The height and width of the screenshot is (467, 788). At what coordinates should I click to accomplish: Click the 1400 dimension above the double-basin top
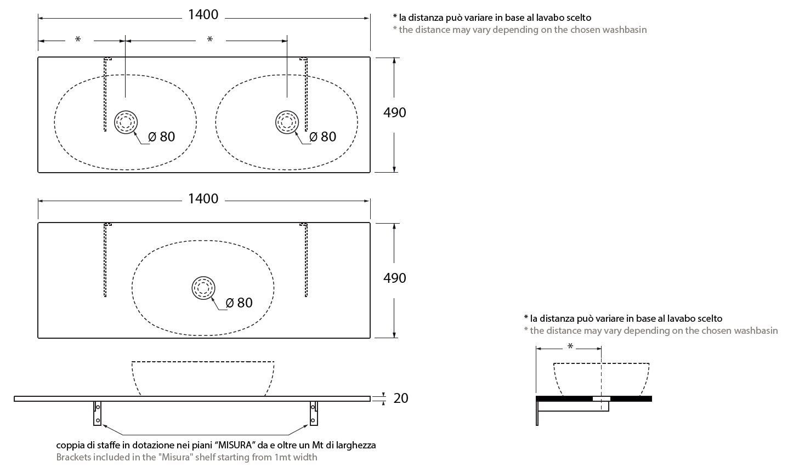pyautogui.click(x=203, y=15)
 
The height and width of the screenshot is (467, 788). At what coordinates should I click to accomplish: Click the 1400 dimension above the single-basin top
pyautogui.click(x=203, y=198)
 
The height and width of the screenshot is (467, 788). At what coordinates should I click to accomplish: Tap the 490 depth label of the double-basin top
pyautogui.click(x=394, y=112)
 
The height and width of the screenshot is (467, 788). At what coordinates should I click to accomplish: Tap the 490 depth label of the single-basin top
pyautogui.click(x=394, y=278)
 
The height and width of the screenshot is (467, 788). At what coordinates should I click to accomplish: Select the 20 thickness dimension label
pyautogui.click(x=401, y=398)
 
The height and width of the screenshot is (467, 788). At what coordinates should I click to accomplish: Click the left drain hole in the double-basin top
pyautogui.click(x=126, y=122)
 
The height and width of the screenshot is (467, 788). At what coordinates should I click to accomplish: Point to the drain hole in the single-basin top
pyautogui.click(x=203, y=288)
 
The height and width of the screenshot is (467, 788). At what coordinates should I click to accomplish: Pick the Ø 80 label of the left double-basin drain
pyautogui.click(x=162, y=136)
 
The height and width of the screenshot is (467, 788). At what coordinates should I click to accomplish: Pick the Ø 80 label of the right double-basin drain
pyautogui.click(x=323, y=136)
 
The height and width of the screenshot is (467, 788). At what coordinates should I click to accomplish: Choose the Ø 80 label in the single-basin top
pyautogui.click(x=240, y=303)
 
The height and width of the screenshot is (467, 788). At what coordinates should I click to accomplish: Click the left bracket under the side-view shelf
pyautogui.click(x=98, y=413)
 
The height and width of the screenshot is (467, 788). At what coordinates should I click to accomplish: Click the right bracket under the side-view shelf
pyautogui.click(x=314, y=413)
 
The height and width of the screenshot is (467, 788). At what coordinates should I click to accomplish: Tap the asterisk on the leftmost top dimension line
pyautogui.click(x=78, y=40)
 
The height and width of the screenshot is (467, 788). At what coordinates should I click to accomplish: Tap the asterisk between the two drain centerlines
pyautogui.click(x=209, y=40)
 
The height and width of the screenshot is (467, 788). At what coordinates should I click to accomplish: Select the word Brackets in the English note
pyautogui.click(x=75, y=457)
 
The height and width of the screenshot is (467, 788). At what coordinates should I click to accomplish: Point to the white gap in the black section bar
pyautogui.click(x=602, y=398)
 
